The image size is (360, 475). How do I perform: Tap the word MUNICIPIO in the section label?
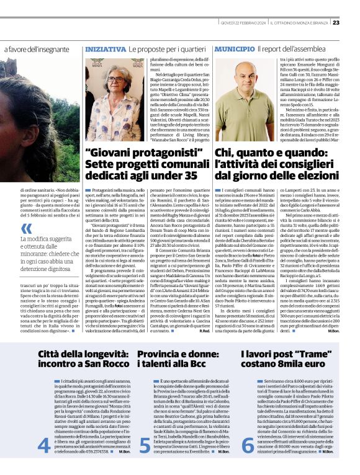pyautogui.click(x=235, y=48)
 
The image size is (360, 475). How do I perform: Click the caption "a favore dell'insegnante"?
pyautogui.click(x=35, y=49)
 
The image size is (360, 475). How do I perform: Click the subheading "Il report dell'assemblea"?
pyautogui.click(x=290, y=48)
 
